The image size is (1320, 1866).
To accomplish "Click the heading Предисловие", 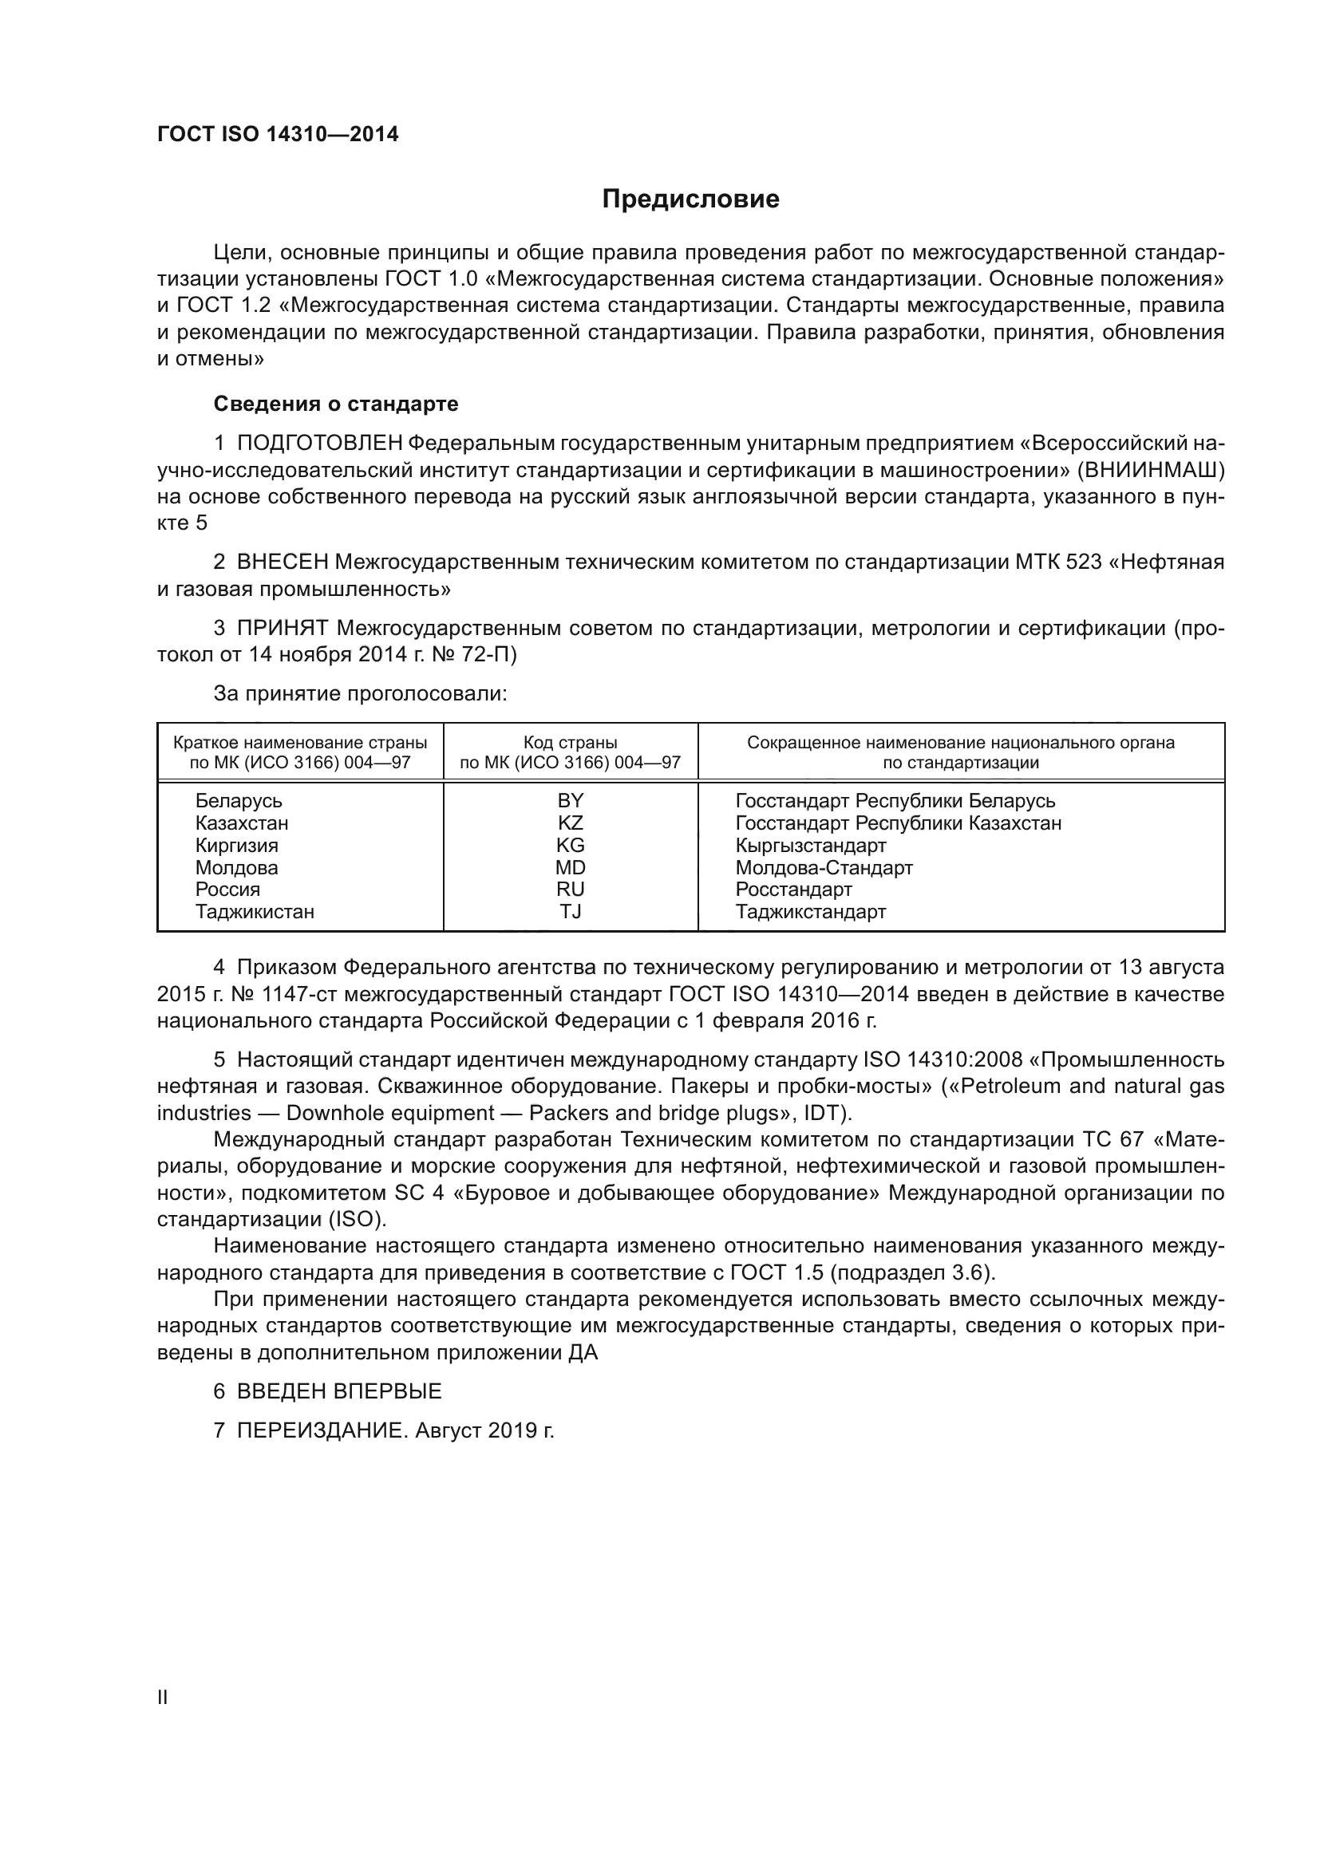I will click(690, 199).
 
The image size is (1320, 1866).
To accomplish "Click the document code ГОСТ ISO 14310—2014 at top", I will click(278, 135).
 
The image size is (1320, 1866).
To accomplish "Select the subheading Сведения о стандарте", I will click(336, 404).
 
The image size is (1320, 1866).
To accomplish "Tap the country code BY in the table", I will click(571, 800).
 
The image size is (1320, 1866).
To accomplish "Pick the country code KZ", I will click(571, 823).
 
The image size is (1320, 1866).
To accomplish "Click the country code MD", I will click(571, 867).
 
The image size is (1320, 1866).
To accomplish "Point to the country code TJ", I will click(571, 911).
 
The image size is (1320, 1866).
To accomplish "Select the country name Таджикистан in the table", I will click(255, 911).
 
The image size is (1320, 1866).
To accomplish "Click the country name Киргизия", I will click(236, 845).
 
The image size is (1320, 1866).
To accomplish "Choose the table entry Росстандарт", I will click(793, 889).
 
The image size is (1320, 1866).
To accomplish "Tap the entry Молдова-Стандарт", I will click(824, 867).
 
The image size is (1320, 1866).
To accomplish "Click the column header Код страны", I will click(571, 742).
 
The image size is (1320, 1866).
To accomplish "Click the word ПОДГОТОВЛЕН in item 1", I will click(320, 444).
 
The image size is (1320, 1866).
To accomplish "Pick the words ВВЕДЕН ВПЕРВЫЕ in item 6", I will click(339, 1391).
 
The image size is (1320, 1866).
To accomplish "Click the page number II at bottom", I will click(163, 1697).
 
